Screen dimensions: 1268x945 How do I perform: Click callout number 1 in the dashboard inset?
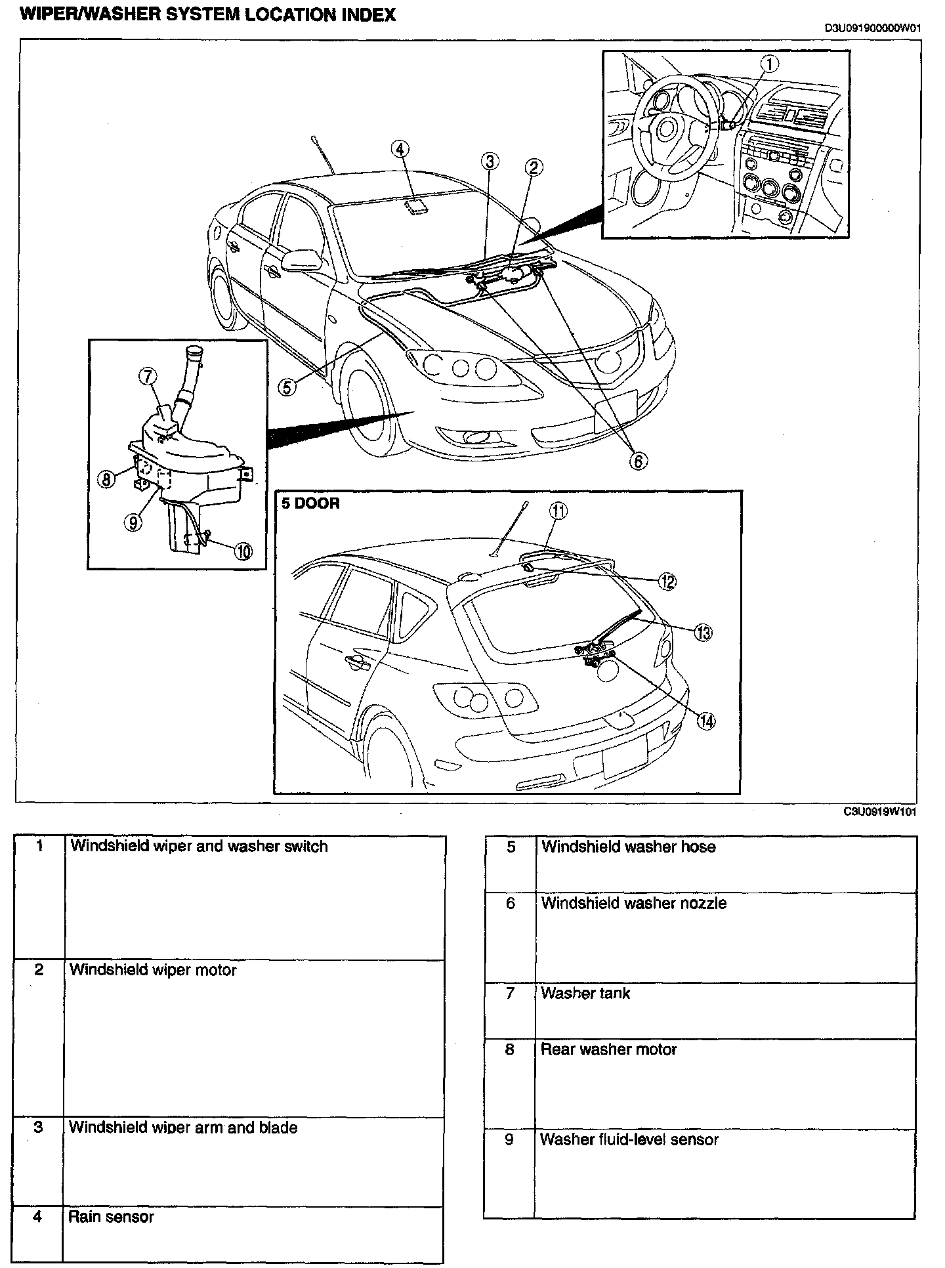click(769, 63)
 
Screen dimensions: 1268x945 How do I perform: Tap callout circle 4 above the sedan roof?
click(400, 149)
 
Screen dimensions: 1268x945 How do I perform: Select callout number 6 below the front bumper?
click(637, 461)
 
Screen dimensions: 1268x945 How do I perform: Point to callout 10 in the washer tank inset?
click(243, 551)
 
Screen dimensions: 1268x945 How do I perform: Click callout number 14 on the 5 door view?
click(705, 721)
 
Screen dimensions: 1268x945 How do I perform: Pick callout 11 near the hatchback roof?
click(558, 511)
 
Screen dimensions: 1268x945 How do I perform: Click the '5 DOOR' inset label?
click(311, 504)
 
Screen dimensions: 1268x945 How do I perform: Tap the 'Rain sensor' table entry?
click(111, 1217)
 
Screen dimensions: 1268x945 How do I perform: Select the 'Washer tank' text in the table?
click(585, 993)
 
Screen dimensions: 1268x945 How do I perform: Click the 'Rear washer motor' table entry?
click(608, 1049)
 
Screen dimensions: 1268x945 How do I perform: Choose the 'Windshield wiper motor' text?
click(153, 970)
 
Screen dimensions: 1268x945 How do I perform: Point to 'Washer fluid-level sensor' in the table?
click(629, 1139)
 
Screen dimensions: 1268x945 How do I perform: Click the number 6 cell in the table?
click(511, 904)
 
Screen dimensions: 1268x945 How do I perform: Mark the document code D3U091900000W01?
click(873, 28)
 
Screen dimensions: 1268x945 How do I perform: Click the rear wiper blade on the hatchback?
click(616, 626)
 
